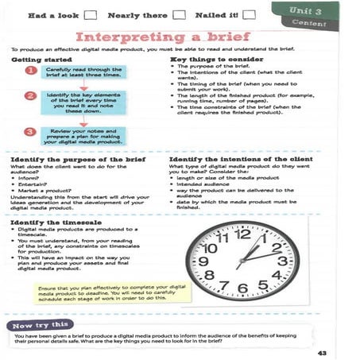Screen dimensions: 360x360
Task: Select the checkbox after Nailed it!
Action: pyautogui.click(x=250, y=14)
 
